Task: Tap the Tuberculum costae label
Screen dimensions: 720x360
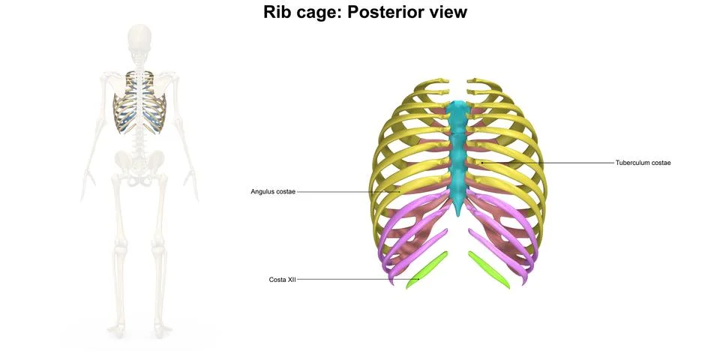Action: pyautogui.click(x=643, y=163)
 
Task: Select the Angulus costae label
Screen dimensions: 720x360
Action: pyautogui.click(x=273, y=192)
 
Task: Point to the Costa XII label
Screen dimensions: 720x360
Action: pyautogui.click(x=283, y=280)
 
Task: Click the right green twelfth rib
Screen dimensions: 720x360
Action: pyautogui.click(x=489, y=269)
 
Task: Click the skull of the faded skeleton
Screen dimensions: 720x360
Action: pyautogui.click(x=139, y=37)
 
